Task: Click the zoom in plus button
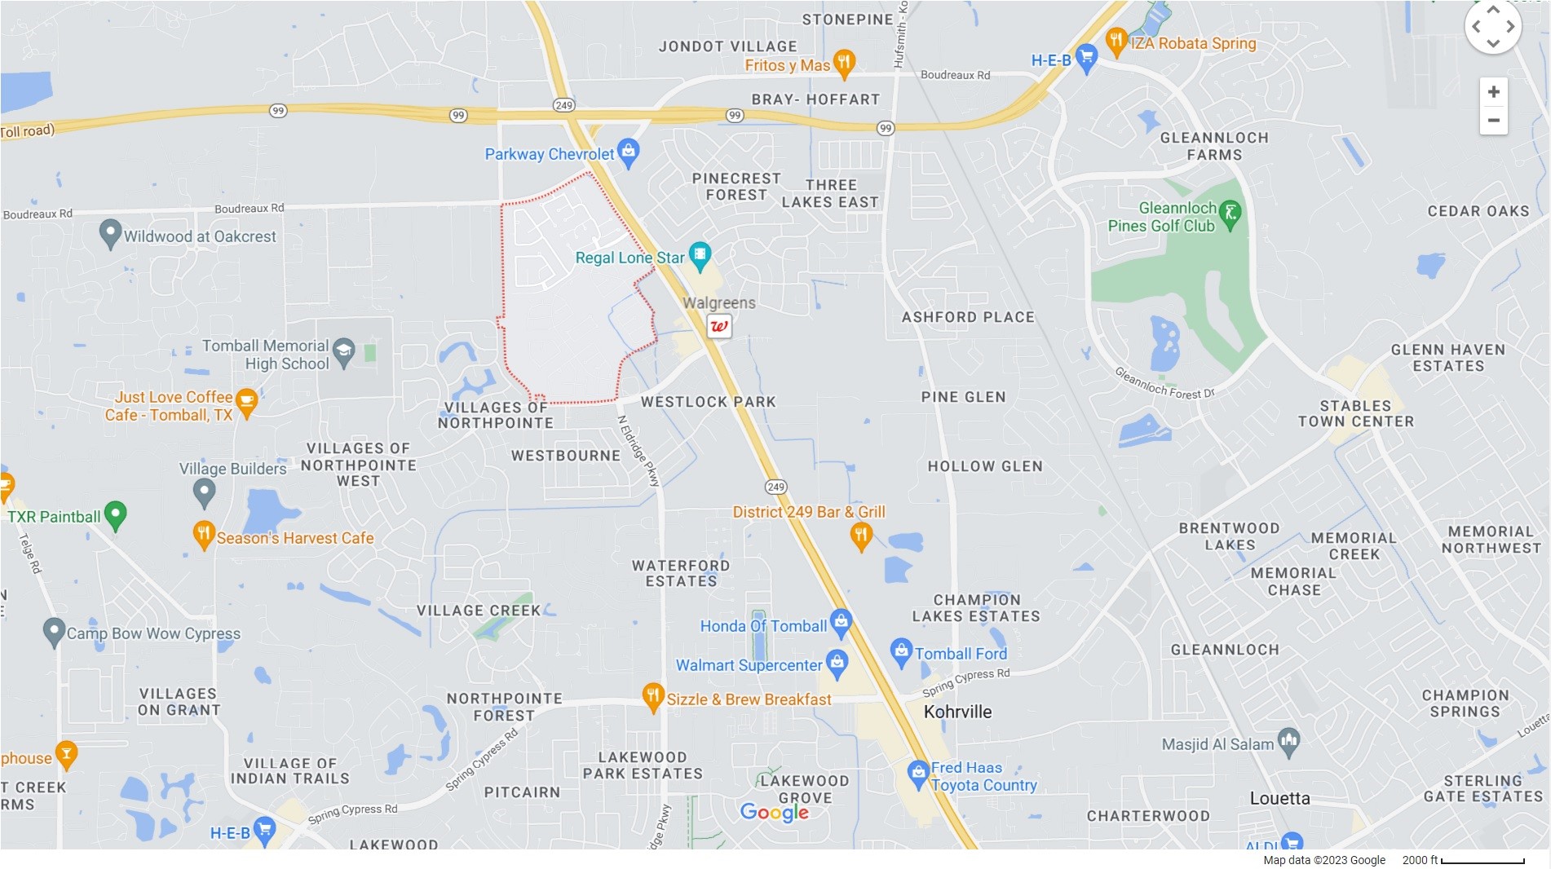pyautogui.click(x=1493, y=92)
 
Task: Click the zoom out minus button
pyautogui.click(x=1493, y=121)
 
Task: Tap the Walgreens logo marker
pyautogui.click(x=718, y=326)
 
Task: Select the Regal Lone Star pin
pyautogui.click(x=700, y=256)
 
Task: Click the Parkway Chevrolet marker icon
pyautogui.click(x=628, y=152)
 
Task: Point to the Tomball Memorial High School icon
pyautogui.click(x=344, y=352)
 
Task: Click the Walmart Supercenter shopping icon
pyautogui.click(x=837, y=664)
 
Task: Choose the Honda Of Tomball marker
pyautogui.click(x=841, y=624)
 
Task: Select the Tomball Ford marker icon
pyautogui.click(x=901, y=652)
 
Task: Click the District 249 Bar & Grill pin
pyautogui.click(x=861, y=536)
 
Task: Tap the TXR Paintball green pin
pyautogui.click(x=116, y=514)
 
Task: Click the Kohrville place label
pyautogui.click(x=957, y=712)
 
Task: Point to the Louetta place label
pyautogui.click(x=1279, y=799)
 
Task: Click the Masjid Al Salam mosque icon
pyautogui.click(x=1288, y=742)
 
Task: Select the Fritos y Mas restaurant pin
pyautogui.click(x=845, y=63)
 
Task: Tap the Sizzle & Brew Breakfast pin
pyautogui.click(x=652, y=697)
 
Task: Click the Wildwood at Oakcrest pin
pyautogui.click(x=110, y=234)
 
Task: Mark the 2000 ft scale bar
pyautogui.click(x=1483, y=861)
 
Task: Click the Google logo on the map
pyautogui.click(x=774, y=812)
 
